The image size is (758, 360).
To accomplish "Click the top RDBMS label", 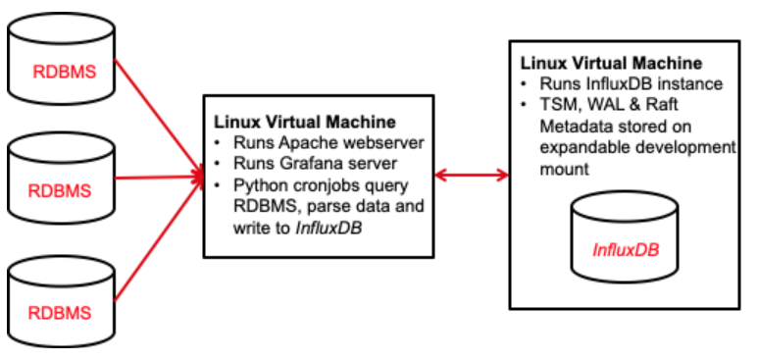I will [62, 71].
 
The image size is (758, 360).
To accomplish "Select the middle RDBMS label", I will [62, 188].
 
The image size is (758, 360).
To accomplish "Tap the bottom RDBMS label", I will [62, 313].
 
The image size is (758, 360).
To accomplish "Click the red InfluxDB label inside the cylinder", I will [626, 249].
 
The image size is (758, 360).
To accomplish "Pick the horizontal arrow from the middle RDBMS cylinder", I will [157, 179].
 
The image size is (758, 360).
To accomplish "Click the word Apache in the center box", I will [296, 142].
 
